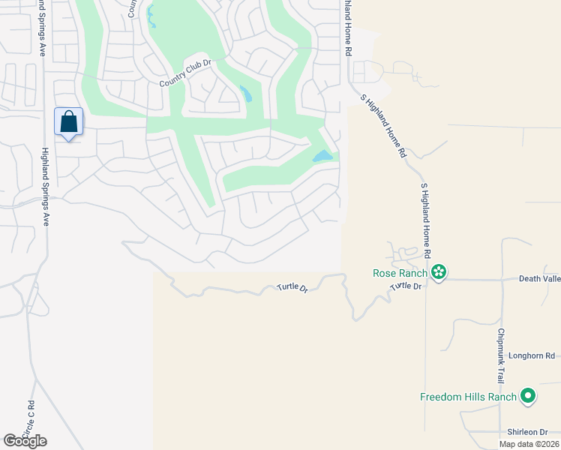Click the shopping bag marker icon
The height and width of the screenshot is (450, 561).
click(68, 121)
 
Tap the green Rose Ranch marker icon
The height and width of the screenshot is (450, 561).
click(439, 273)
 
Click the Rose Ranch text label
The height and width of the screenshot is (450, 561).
click(400, 273)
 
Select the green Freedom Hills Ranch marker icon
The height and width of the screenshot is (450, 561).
click(528, 396)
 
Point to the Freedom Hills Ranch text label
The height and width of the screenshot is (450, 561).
click(468, 397)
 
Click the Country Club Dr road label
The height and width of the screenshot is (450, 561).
click(187, 73)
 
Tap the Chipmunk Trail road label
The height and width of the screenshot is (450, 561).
click(500, 355)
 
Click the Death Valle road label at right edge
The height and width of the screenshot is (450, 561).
click(539, 278)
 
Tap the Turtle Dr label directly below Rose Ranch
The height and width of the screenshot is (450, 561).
click(406, 286)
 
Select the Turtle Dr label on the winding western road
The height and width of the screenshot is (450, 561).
click(292, 287)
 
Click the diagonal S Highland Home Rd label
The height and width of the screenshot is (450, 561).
click(382, 125)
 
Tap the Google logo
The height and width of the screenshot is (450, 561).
click(25, 441)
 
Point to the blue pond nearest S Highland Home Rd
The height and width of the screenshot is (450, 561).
click(322, 156)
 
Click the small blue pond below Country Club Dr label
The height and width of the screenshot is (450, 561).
click(245, 93)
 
